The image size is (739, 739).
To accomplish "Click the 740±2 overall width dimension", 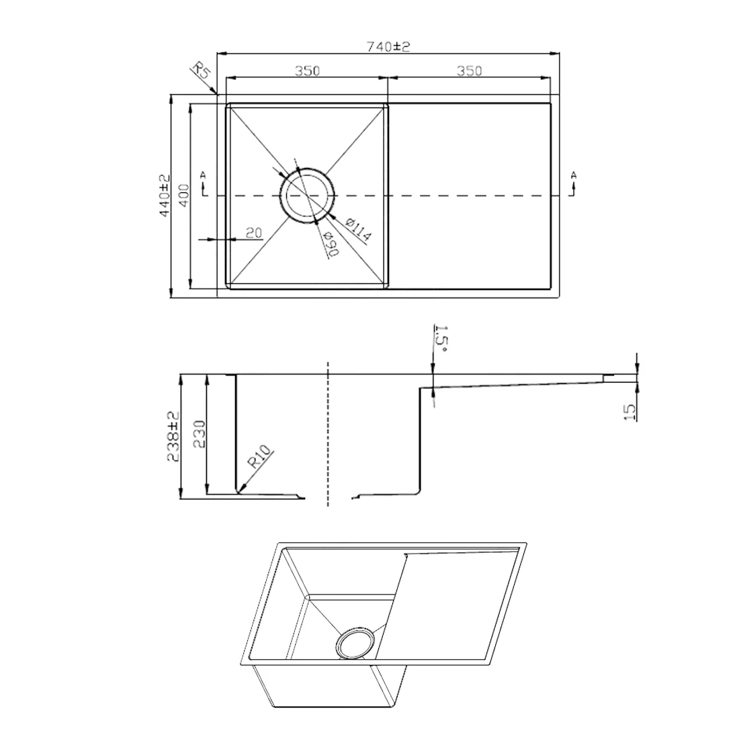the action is [388, 46].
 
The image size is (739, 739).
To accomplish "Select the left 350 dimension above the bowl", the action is [307, 71].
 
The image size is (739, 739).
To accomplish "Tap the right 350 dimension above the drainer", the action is [470, 71].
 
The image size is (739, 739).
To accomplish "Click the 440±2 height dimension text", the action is [165, 195].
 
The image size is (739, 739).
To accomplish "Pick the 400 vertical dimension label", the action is [183, 195].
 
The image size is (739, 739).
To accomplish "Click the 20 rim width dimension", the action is [254, 233].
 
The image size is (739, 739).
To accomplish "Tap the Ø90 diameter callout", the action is [331, 245].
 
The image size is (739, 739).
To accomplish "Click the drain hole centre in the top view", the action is [307, 195].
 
